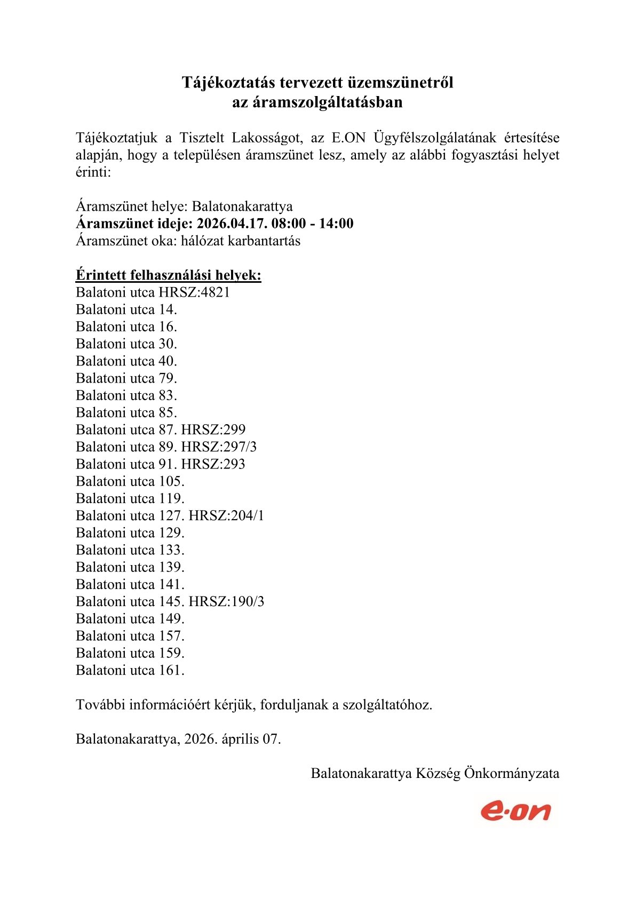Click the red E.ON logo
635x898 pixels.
coord(515,811)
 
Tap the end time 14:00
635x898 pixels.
coord(336,224)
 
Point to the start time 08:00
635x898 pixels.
coord(288,224)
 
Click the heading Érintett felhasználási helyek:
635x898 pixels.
coord(169,275)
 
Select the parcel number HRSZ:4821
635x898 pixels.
coord(194,292)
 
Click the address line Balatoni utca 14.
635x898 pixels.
coord(126,309)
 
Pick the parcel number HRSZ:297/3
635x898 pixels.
coord(219,447)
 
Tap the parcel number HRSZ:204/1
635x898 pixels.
coord(226,515)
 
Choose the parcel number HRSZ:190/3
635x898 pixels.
coord(226,601)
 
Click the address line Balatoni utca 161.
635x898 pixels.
coord(130,670)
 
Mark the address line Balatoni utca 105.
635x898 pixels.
coord(130,481)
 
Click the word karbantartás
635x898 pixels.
coord(264,241)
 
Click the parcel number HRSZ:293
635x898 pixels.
coord(213,464)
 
